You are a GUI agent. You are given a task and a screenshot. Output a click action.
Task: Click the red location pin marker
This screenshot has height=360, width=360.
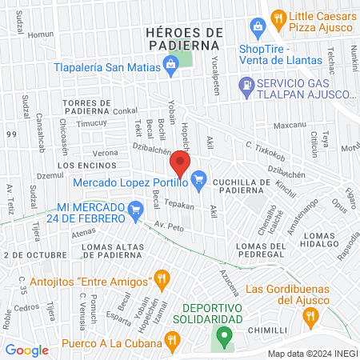[x=180, y=166]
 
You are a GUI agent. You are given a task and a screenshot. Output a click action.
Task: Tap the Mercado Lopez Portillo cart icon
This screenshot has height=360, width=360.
[x=200, y=182]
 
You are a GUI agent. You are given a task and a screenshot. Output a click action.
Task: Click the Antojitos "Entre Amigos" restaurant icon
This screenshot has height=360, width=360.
[x=162, y=280]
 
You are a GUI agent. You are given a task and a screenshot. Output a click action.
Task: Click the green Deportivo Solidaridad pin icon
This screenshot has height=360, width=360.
[x=225, y=335]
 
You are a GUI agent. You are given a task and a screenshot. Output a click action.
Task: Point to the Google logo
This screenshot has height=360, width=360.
[x=26, y=350]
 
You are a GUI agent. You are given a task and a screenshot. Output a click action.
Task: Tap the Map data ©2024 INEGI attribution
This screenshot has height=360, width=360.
[x=312, y=354]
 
